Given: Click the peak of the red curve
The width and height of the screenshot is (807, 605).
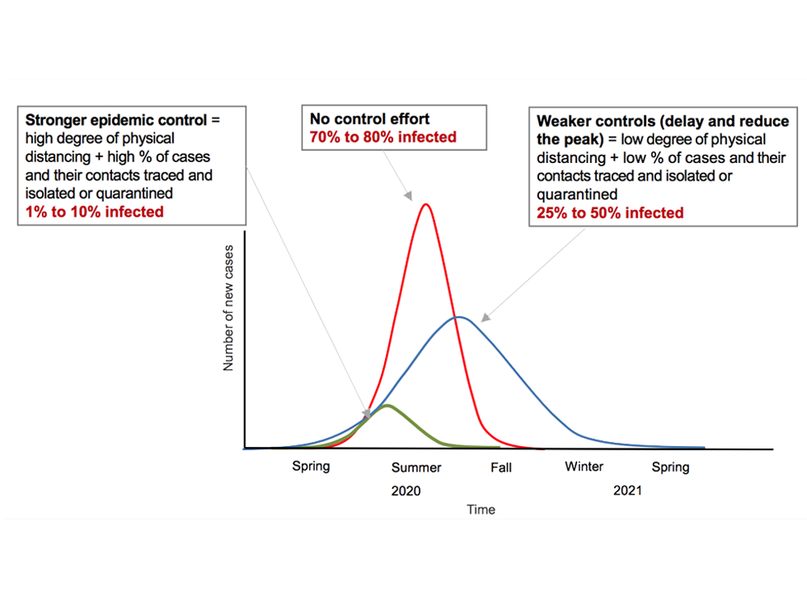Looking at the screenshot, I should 425,205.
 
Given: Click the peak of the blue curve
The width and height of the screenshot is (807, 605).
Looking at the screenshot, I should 458,317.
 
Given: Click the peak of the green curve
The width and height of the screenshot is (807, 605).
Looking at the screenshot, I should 387,405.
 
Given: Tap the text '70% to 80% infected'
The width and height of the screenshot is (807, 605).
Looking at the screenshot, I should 383,136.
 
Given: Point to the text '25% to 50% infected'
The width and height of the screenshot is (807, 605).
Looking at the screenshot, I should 610,213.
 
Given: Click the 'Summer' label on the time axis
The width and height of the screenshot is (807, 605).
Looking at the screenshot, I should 416,468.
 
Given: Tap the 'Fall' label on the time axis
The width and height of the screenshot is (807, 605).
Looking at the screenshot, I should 500,468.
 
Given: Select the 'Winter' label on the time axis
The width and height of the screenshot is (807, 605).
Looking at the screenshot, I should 584,466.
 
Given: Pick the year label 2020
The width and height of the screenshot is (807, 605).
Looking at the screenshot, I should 406,490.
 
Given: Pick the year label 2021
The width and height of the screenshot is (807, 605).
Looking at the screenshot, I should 627,490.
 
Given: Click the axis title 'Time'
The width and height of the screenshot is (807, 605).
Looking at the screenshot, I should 481,510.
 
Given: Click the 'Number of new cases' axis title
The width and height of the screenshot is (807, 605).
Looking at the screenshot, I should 228,307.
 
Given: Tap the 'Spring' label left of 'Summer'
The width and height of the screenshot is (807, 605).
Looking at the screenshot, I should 311,467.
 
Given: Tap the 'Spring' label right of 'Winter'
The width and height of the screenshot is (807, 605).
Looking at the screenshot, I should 671,467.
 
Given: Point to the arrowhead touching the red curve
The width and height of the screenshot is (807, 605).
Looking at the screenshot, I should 409,196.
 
